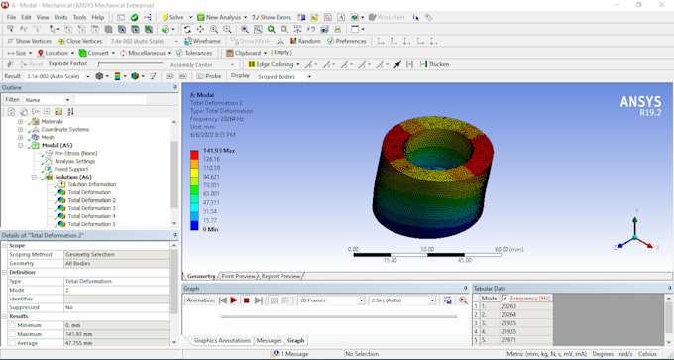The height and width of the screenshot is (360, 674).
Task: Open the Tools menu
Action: (x=79, y=17)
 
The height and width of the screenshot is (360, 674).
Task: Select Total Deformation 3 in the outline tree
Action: (x=91, y=208)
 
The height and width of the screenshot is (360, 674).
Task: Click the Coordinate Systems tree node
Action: (x=64, y=129)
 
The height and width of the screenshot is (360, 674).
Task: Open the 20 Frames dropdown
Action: (x=329, y=300)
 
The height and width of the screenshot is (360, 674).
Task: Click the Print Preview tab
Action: (x=238, y=276)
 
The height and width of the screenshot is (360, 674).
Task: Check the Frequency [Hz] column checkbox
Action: (x=505, y=298)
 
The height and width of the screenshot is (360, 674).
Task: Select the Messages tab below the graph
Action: (x=269, y=340)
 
